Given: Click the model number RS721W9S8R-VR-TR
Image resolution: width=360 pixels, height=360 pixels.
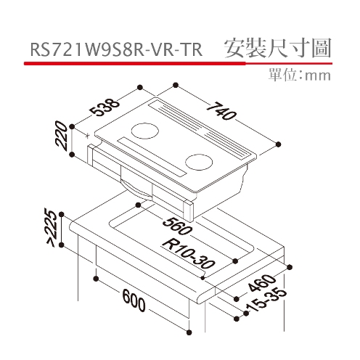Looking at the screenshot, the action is click(x=116, y=50).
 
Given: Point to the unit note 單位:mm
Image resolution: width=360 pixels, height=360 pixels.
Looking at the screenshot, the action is click(x=299, y=75).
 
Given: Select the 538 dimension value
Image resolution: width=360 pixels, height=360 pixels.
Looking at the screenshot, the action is click(x=105, y=107).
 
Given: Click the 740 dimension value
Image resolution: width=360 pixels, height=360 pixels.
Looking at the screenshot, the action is click(x=221, y=111).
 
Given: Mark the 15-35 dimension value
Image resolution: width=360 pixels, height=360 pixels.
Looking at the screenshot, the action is click(x=266, y=300).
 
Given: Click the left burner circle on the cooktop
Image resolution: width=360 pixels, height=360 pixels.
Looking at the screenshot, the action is click(x=145, y=131).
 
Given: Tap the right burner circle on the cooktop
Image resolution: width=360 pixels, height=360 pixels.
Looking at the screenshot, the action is click(x=199, y=162).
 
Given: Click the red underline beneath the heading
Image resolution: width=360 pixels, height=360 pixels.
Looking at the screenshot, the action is click(x=178, y=63).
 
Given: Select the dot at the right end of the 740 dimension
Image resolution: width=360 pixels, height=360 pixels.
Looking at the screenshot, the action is click(x=279, y=144).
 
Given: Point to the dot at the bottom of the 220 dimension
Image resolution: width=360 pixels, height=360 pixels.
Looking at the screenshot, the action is click(x=72, y=155).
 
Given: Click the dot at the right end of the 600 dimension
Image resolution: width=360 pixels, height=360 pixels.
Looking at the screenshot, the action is click(x=189, y=332).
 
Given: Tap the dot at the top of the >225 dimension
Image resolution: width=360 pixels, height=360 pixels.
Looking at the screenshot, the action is click(x=62, y=214).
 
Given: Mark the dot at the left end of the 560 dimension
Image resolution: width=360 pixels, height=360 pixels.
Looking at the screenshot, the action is click(x=138, y=205).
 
